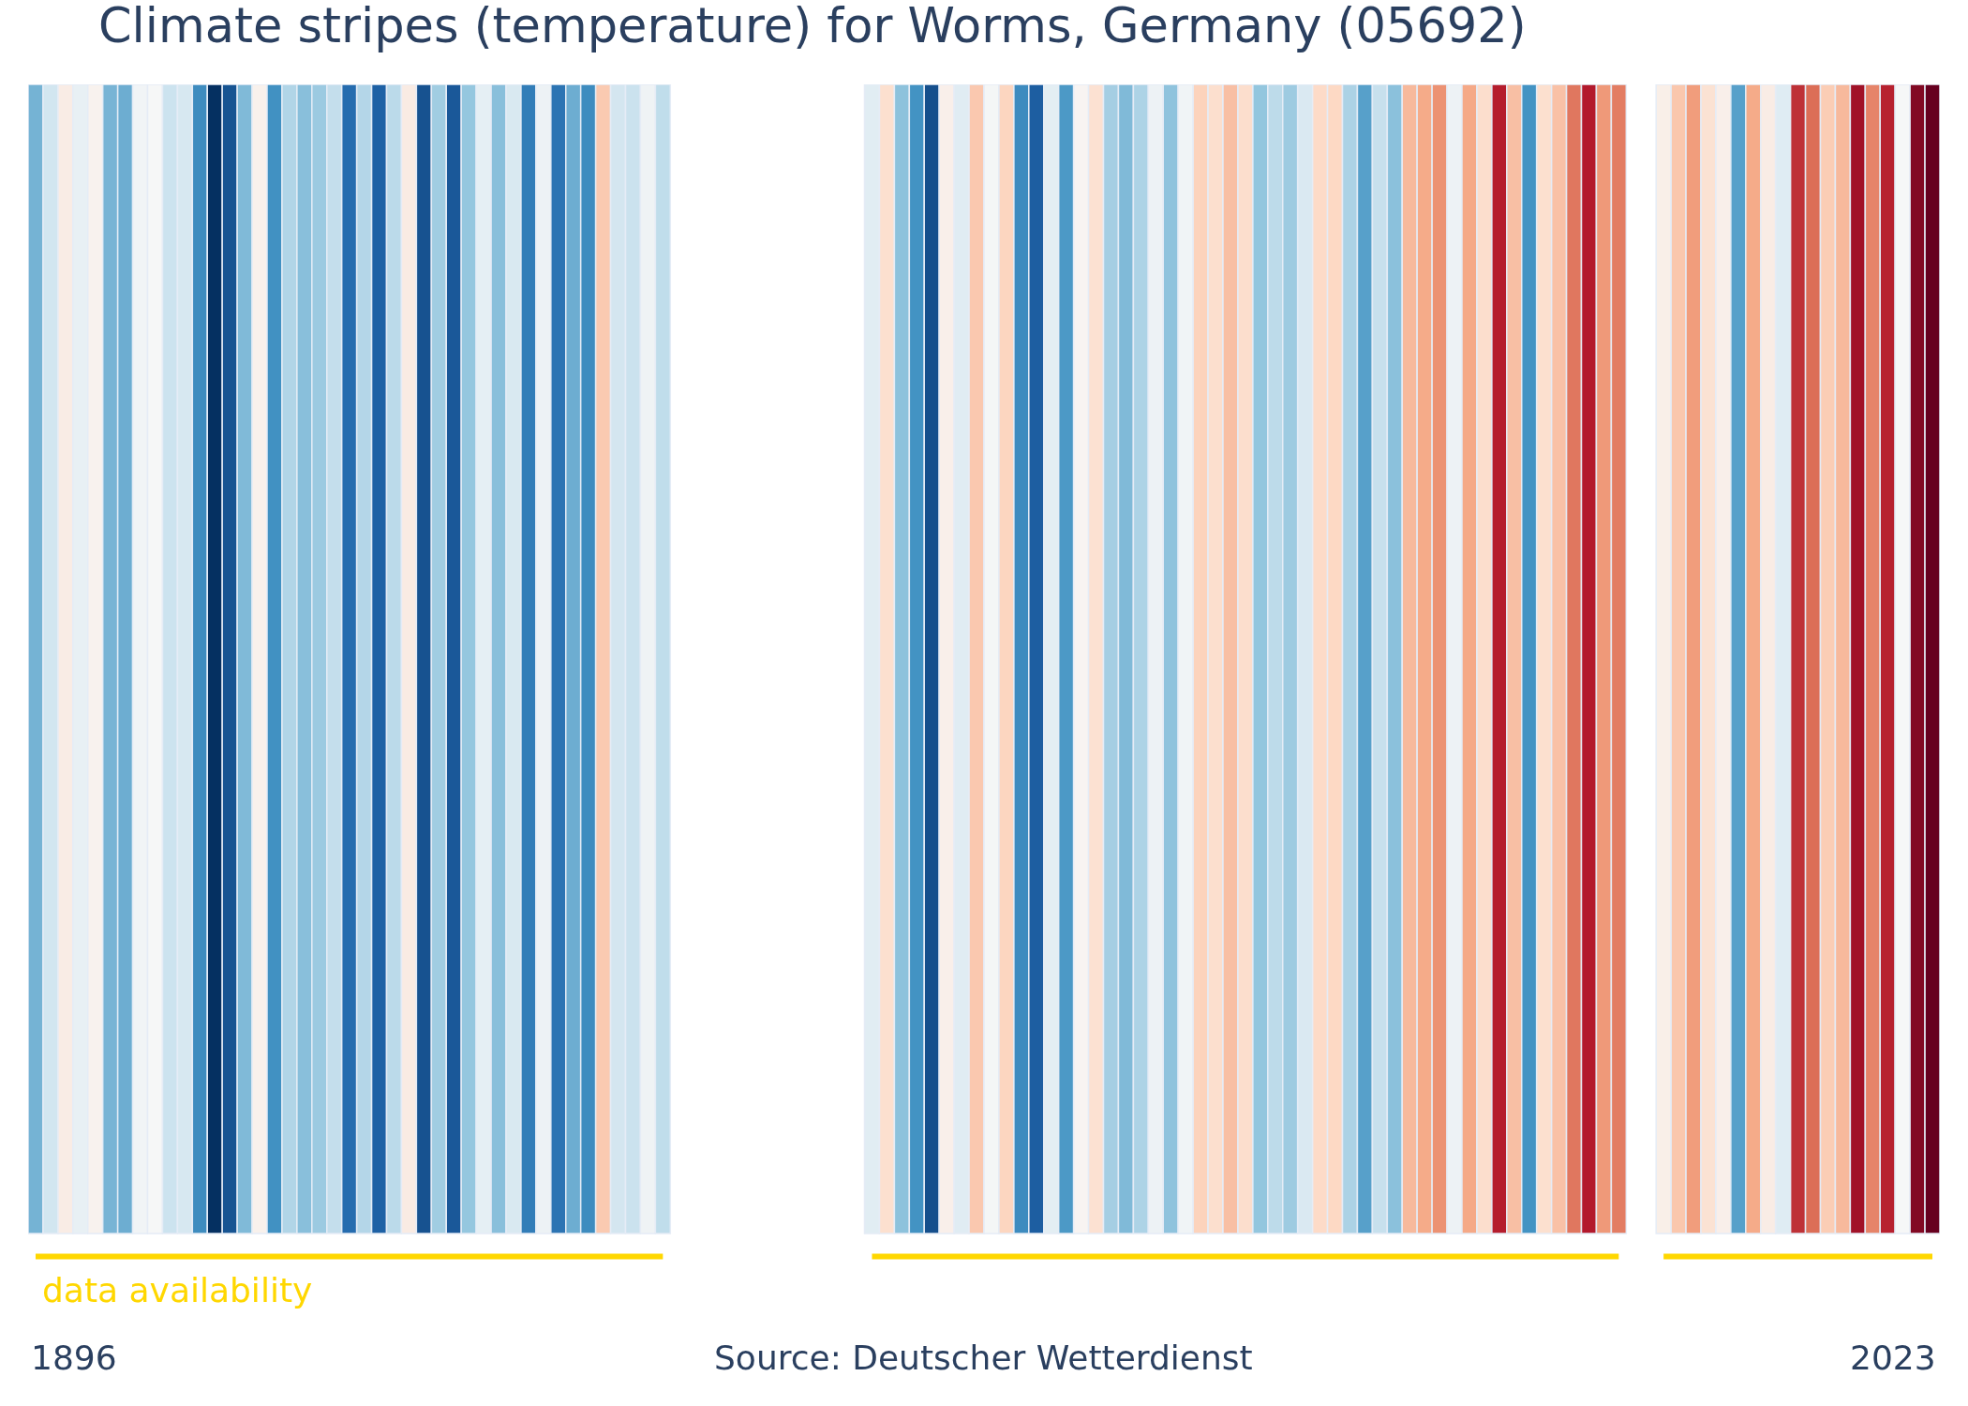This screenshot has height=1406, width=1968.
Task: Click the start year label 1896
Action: coord(74,1359)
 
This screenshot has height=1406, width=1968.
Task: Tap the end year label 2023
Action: coord(1892,1359)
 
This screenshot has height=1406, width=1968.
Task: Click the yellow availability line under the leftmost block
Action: coord(349,1256)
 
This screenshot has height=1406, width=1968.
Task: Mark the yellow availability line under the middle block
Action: coord(1245,1256)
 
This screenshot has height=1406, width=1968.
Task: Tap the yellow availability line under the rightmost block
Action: coord(1797,1256)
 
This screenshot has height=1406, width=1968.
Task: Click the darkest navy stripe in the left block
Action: coord(215,656)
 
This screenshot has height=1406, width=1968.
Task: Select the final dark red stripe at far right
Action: coord(1931,656)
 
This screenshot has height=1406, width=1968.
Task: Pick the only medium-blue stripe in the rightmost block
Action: coord(1738,656)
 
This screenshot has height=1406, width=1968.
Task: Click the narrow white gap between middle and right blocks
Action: coord(1641,656)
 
